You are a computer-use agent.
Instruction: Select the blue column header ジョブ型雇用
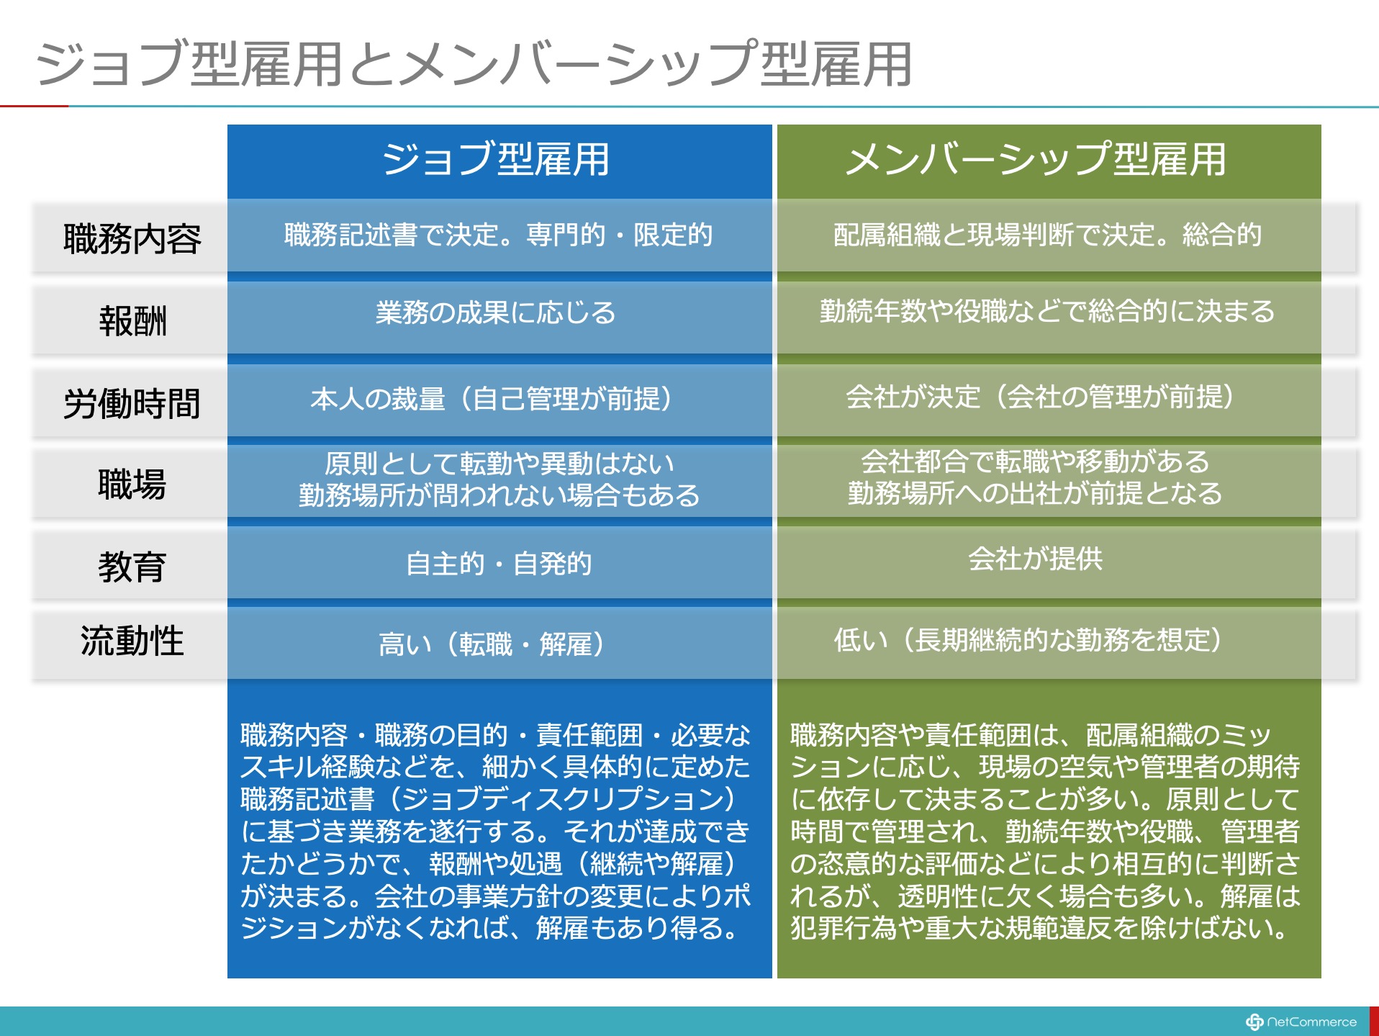click(497, 159)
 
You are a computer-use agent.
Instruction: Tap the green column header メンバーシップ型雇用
click(1036, 159)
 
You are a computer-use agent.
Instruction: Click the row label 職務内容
click(132, 238)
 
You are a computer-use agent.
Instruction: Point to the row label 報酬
click(132, 320)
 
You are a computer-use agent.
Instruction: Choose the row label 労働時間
click(132, 403)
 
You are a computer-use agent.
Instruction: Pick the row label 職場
click(132, 484)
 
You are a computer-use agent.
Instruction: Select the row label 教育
click(132, 567)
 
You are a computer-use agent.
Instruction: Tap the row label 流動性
click(132, 640)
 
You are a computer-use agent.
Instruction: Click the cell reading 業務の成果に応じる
click(496, 312)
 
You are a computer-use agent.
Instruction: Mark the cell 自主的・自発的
click(499, 563)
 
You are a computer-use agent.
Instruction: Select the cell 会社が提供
click(1036, 558)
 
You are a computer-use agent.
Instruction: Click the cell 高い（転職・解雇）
click(492, 644)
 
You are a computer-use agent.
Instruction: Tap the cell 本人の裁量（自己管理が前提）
click(492, 398)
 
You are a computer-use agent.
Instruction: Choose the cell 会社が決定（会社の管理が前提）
click(1040, 396)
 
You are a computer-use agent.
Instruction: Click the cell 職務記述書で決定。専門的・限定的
click(499, 235)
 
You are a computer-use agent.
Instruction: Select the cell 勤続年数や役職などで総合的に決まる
click(1047, 311)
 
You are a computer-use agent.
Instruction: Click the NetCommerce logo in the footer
click(1301, 1022)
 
